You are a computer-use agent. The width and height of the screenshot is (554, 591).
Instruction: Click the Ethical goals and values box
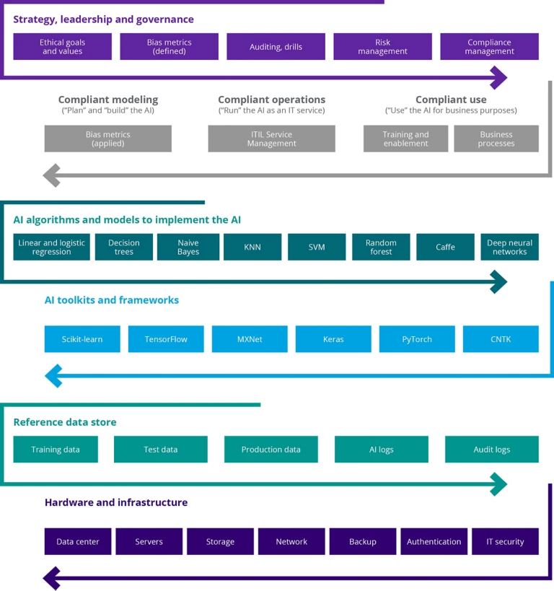63,46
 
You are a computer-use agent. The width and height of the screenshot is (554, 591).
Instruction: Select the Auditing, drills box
276,46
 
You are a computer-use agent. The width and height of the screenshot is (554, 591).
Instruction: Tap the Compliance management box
489,46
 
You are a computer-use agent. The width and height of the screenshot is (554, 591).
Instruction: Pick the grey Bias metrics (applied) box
107,139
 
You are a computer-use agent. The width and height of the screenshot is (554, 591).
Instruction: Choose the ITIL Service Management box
271,139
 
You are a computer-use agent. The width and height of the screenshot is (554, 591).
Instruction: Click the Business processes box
496,139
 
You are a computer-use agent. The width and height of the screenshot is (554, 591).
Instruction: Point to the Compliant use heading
451,100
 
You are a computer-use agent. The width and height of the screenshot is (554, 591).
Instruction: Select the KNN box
252,247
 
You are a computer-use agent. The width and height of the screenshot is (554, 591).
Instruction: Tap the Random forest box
381,247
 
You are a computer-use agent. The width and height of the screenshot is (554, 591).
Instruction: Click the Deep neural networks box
509,247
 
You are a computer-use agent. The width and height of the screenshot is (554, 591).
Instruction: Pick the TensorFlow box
166,339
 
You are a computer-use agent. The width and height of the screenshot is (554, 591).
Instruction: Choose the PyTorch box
417,339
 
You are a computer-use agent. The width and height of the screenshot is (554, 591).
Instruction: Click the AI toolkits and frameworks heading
112,300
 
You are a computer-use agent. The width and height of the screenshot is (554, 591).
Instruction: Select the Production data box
271,450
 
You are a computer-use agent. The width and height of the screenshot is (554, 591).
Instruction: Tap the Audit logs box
492,450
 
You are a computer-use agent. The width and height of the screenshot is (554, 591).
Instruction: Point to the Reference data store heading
65,422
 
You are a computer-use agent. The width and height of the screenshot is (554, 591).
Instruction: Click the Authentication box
434,541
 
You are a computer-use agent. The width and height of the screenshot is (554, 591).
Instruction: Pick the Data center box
78,541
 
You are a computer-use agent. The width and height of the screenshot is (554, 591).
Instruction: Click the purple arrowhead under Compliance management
499,78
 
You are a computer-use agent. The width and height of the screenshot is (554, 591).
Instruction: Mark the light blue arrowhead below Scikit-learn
53,376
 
